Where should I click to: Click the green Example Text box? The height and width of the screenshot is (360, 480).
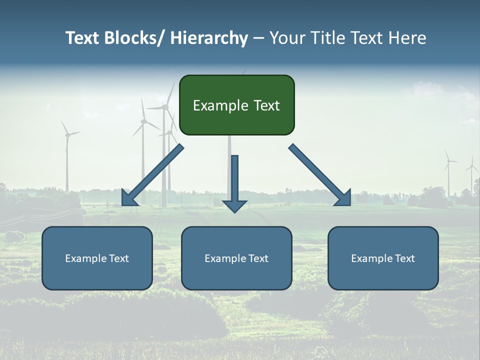point(236,105)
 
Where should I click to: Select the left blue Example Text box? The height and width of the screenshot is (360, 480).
point(97,258)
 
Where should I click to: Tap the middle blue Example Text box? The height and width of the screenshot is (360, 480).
point(236,258)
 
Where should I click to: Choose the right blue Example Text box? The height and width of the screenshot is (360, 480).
point(383,258)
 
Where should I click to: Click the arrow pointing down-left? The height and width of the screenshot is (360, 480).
point(152,175)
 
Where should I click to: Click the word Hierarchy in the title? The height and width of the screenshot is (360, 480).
point(209,38)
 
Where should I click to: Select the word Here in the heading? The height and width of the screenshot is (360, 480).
point(406,38)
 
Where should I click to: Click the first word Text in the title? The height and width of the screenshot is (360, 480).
point(82,38)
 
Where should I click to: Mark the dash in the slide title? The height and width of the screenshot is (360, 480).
point(258,38)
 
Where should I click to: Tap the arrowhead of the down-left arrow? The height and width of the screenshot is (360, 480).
point(129,198)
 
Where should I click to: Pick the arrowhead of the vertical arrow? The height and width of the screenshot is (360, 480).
point(234,205)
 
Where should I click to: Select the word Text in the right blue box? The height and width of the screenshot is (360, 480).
point(404,258)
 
